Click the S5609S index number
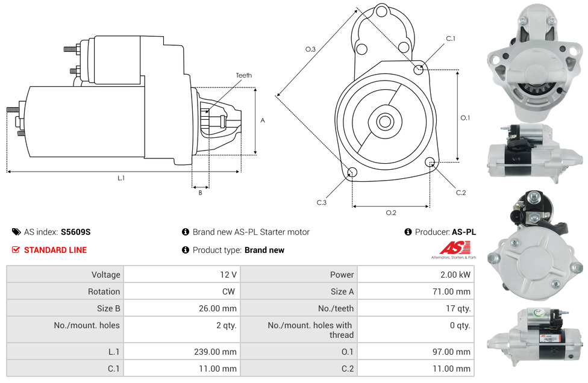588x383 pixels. point(75,232)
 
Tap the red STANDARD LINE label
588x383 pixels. point(55,250)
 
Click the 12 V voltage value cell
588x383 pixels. point(228,275)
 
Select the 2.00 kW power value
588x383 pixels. point(455,275)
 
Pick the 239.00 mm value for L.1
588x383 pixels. point(215,352)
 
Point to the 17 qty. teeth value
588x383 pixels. point(458,308)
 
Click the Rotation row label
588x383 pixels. point(104,291)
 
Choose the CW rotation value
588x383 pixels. point(228,291)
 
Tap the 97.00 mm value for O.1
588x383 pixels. point(451,352)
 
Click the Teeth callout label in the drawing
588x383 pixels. point(244,75)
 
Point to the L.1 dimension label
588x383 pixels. point(120,178)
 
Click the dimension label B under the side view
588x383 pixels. point(200,193)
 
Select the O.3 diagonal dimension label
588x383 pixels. point(310,49)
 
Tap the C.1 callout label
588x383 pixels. point(451,39)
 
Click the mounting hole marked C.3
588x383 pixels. point(352,172)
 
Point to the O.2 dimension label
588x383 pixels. point(391,213)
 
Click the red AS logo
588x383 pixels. point(454,248)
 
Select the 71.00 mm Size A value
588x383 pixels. point(451,291)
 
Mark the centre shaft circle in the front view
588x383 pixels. point(385,122)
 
